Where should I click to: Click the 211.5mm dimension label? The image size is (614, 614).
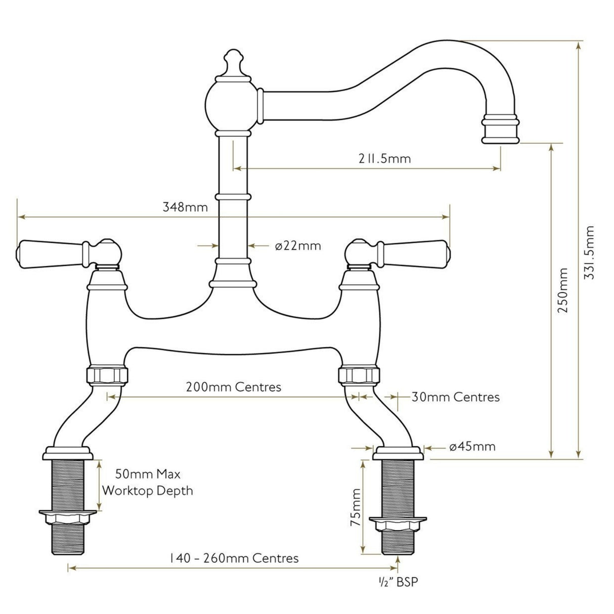(382, 158)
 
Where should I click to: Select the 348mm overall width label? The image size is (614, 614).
(185, 207)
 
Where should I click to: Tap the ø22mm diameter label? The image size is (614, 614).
(298, 246)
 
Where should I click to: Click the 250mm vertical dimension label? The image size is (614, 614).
(562, 290)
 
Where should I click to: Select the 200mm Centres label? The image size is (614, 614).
(234, 387)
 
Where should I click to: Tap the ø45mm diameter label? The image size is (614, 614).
(472, 447)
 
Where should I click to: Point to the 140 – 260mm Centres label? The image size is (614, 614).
(234, 558)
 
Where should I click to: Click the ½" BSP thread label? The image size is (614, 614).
(400, 583)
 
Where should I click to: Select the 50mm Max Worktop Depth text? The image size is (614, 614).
(148, 483)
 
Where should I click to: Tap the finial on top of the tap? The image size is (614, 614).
(233, 64)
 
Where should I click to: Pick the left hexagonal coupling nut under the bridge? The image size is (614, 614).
(107, 375)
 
